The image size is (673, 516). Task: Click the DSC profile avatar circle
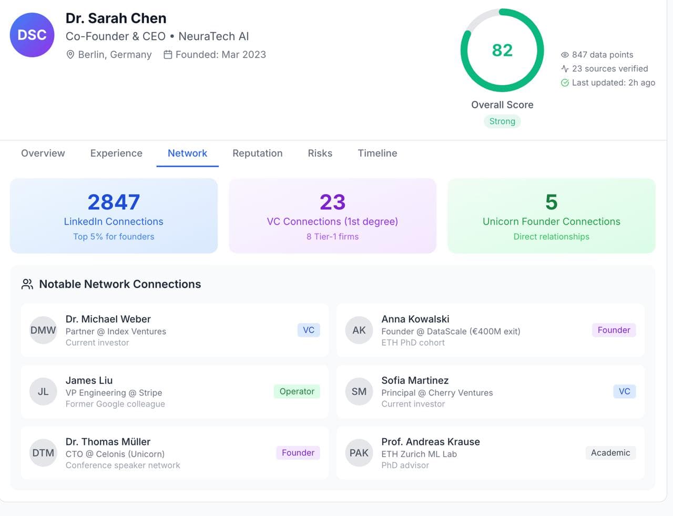pyautogui.click(x=32, y=35)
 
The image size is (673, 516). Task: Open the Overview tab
pyautogui.click(x=43, y=153)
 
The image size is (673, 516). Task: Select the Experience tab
pyautogui.click(x=116, y=153)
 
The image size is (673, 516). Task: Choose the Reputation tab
pyautogui.click(x=257, y=153)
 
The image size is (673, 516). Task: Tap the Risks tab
pyautogui.click(x=320, y=153)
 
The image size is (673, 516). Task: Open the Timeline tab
pyautogui.click(x=377, y=153)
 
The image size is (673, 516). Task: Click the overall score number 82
pyautogui.click(x=502, y=50)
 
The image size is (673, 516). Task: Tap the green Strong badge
pyautogui.click(x=502, y=122)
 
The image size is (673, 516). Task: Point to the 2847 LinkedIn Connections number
pyautogui.click(x=114, y=202)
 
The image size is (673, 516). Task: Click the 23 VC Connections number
pyautogui.click(x=332, y=202)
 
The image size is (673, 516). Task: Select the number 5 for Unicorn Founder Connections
pyautogui.click(x=551, y=202)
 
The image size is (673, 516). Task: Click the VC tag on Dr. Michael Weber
pyautogui.click(x=309, y=330)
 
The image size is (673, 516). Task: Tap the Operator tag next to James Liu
pyautogui.click(x=297, y=391)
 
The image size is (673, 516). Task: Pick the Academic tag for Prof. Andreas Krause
pyautogui.click(x=610, y=453)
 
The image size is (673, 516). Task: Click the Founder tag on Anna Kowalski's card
pyautogui.click(x=614, y=330)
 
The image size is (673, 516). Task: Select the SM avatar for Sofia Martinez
pyautogui.click(x=359, y=392)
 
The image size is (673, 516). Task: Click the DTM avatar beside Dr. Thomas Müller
pyautogui.click(x=43, y=453)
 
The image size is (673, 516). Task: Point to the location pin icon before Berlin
pyautogui.click(x=70, y=55)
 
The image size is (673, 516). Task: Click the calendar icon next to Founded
pyautogui.click(x=168, y=55)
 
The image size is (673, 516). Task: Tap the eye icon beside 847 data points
pyautogui.click(x=565, y=55)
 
